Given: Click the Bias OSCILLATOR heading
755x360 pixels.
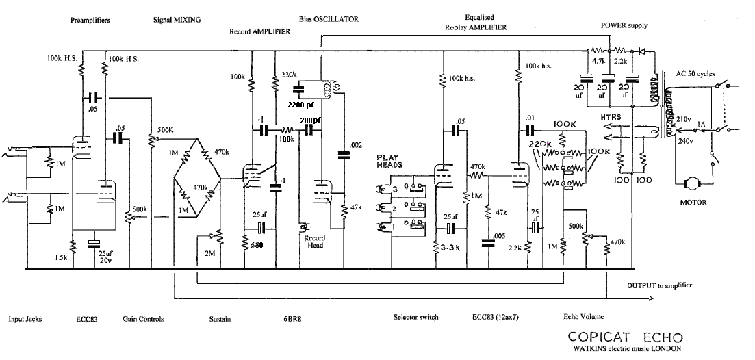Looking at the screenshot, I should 329,18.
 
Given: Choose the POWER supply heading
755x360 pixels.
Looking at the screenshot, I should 624,25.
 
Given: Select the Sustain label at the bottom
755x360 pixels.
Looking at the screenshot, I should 220,318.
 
